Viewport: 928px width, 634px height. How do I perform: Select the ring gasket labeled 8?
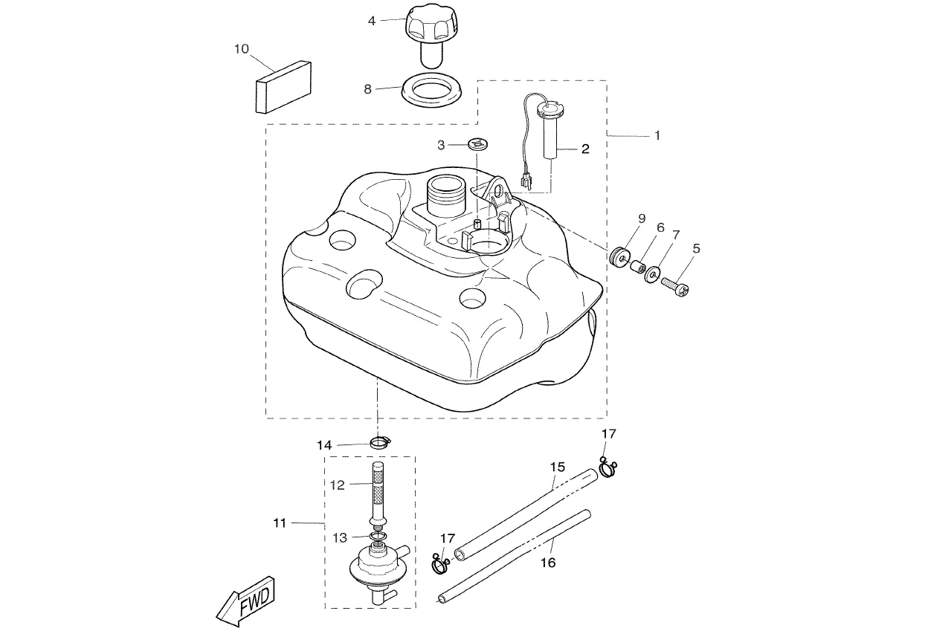pyautogui.click(x=431, y=90)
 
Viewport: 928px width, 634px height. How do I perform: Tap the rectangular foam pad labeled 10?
pyautogui.click(x=283, y=87)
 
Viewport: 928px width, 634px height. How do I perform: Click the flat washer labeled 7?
pyautogui.click(x=652, y=274)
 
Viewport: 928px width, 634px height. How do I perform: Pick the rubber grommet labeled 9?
pyautogui.click(x=620, y=257)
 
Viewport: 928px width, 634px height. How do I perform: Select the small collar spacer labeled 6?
pyautogui.click(x=637, y=266)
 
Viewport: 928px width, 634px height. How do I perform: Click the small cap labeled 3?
pyautogui.click(x=477, y=144)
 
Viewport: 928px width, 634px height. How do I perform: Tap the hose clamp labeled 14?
pyautogui.click(x=380, y=443)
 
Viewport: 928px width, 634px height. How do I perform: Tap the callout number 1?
pyautogui.click(x=657, y=135)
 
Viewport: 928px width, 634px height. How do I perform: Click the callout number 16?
pyautogui.click(x=548, y=563)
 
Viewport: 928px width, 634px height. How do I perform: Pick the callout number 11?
pyautogui.click(x=280, y=523)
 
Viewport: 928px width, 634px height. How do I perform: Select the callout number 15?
pyautogui.click(x=558, y=467)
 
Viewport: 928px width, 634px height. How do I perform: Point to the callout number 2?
pyautogui.click(x=585, y=149)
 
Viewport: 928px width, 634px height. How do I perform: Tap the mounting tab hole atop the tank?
pyautogui.click(x=497, y=190)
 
